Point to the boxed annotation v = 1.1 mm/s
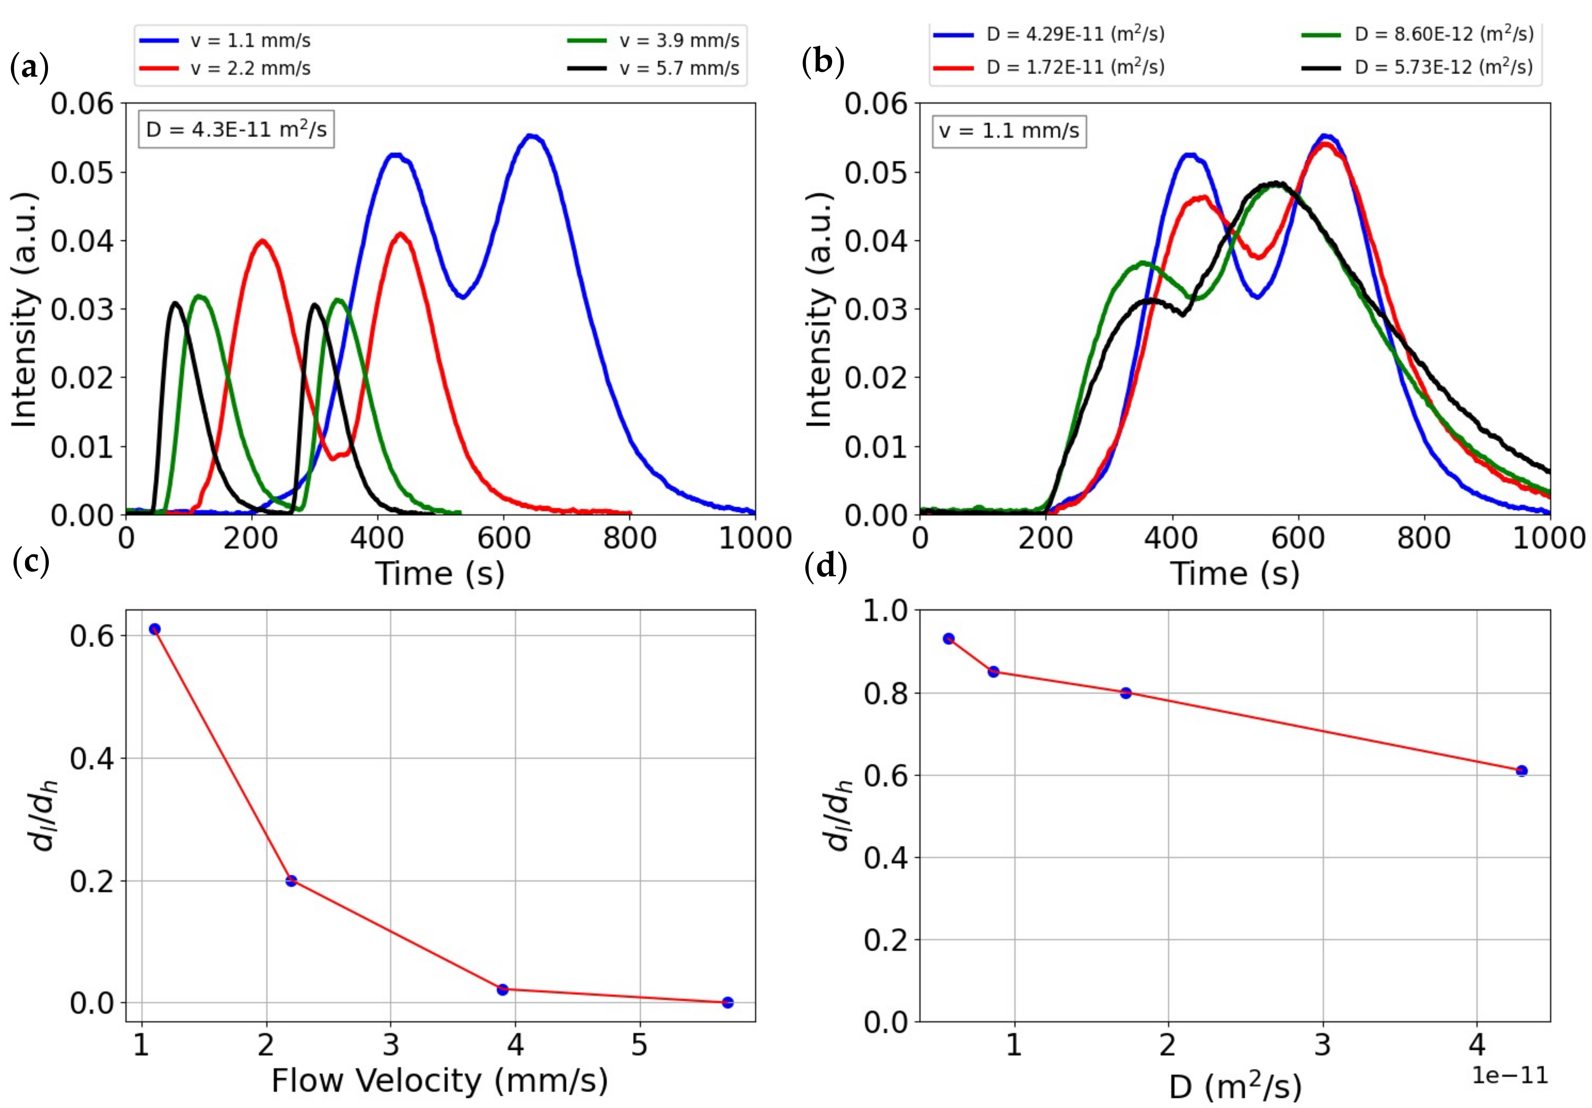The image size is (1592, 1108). [1009, 130]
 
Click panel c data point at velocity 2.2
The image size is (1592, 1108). [291, 881]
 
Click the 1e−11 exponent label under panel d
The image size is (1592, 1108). [1510, 1075]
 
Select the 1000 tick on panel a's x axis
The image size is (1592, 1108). [754, 539]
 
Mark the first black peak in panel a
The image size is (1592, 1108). [175, 303]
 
